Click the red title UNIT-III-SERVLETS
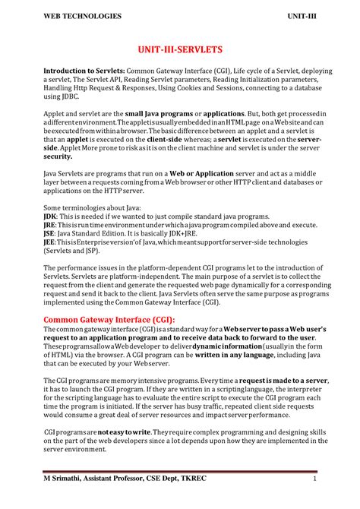[179, 49]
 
